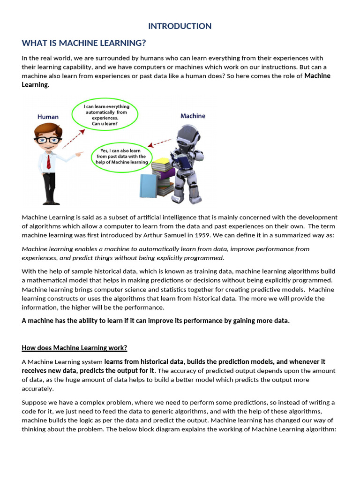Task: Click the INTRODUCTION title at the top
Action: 180,26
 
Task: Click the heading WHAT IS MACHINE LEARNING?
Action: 84,44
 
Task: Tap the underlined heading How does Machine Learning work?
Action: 75,348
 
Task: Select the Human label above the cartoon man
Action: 48,117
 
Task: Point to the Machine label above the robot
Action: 193,116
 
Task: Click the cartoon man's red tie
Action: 48,161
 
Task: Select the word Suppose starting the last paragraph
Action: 34,403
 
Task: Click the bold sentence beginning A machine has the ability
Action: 156,321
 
